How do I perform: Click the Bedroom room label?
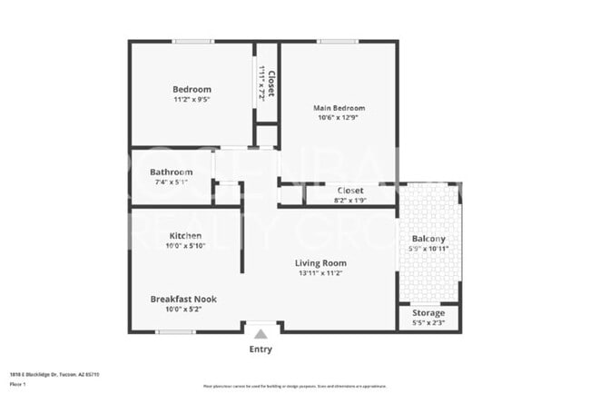pos(192,89)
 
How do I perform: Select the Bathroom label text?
pos(171,172)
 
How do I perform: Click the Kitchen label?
pos(185,236)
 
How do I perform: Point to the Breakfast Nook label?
pos(183,299)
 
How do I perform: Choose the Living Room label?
pos(320,263)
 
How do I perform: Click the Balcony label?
pos(428,239)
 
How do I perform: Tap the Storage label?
pos(428,312)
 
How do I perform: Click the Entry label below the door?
pos(260,349)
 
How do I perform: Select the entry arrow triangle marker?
pos(260,333)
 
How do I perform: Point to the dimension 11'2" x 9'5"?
pos(192,99)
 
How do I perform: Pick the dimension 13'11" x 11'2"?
pos(320,273)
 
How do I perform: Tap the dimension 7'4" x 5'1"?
pos(171,182)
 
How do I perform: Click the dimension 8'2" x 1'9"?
pos(350,200)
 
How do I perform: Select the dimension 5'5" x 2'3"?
pos(428,322)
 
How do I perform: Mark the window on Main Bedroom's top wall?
pos(337,41)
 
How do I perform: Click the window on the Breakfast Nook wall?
pos(175,331)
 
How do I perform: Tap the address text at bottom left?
pos(54,373)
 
